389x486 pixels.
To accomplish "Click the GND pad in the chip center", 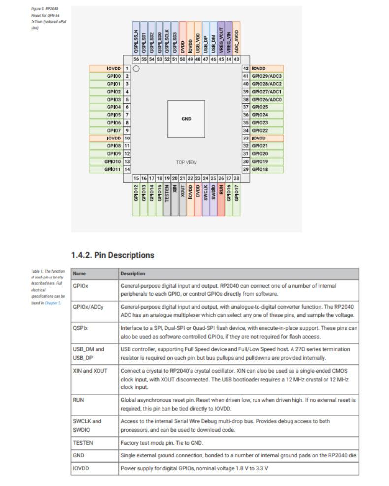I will [x=186, y=119].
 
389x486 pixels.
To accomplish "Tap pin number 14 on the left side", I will [x=127, y=169].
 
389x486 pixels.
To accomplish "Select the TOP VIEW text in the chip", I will [x=186, y=162].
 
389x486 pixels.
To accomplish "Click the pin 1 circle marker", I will [x=136, y=69].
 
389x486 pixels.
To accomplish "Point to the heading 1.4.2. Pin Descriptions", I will [x=113, y=255].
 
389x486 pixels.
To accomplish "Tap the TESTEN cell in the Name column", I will [x=83, y=443].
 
